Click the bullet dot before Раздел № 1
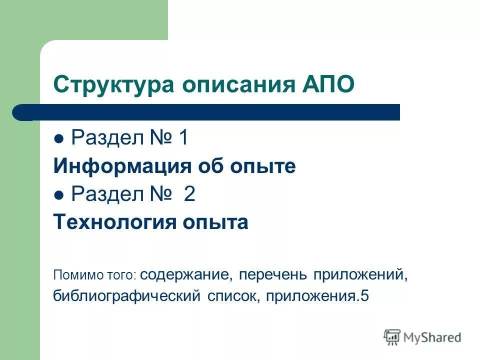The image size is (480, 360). coord(59,139)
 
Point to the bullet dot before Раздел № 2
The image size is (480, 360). coord(59,195)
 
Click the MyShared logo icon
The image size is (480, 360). coord(392,337)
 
